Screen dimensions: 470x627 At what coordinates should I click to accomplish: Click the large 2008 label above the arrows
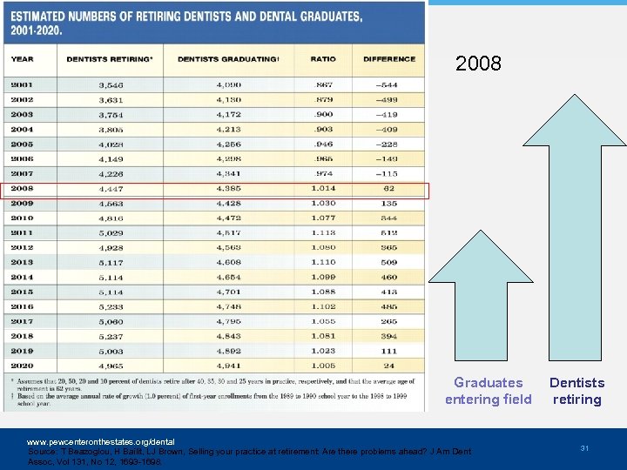(478, 64)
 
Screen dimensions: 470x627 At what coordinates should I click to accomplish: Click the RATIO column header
(322, 58)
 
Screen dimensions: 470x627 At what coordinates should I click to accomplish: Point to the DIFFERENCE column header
(388, 58)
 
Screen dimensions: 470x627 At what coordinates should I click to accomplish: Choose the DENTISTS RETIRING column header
(109, 58)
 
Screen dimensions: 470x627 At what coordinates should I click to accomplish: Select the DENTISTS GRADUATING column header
(228, 58)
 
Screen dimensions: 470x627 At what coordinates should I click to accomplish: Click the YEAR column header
(22, 58)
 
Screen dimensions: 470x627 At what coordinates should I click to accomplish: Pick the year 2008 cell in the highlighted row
(23, 189)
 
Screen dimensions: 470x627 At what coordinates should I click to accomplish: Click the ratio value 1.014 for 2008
(322, 189)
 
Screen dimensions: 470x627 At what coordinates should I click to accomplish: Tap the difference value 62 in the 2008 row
(388, 189)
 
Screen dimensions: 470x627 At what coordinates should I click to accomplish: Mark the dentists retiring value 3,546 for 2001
(111, 85)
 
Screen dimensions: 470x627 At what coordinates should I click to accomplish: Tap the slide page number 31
(585, 447)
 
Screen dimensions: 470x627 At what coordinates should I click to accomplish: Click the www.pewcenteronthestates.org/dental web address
(100, 442)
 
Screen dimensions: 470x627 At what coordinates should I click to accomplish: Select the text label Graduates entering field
(488, 391)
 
